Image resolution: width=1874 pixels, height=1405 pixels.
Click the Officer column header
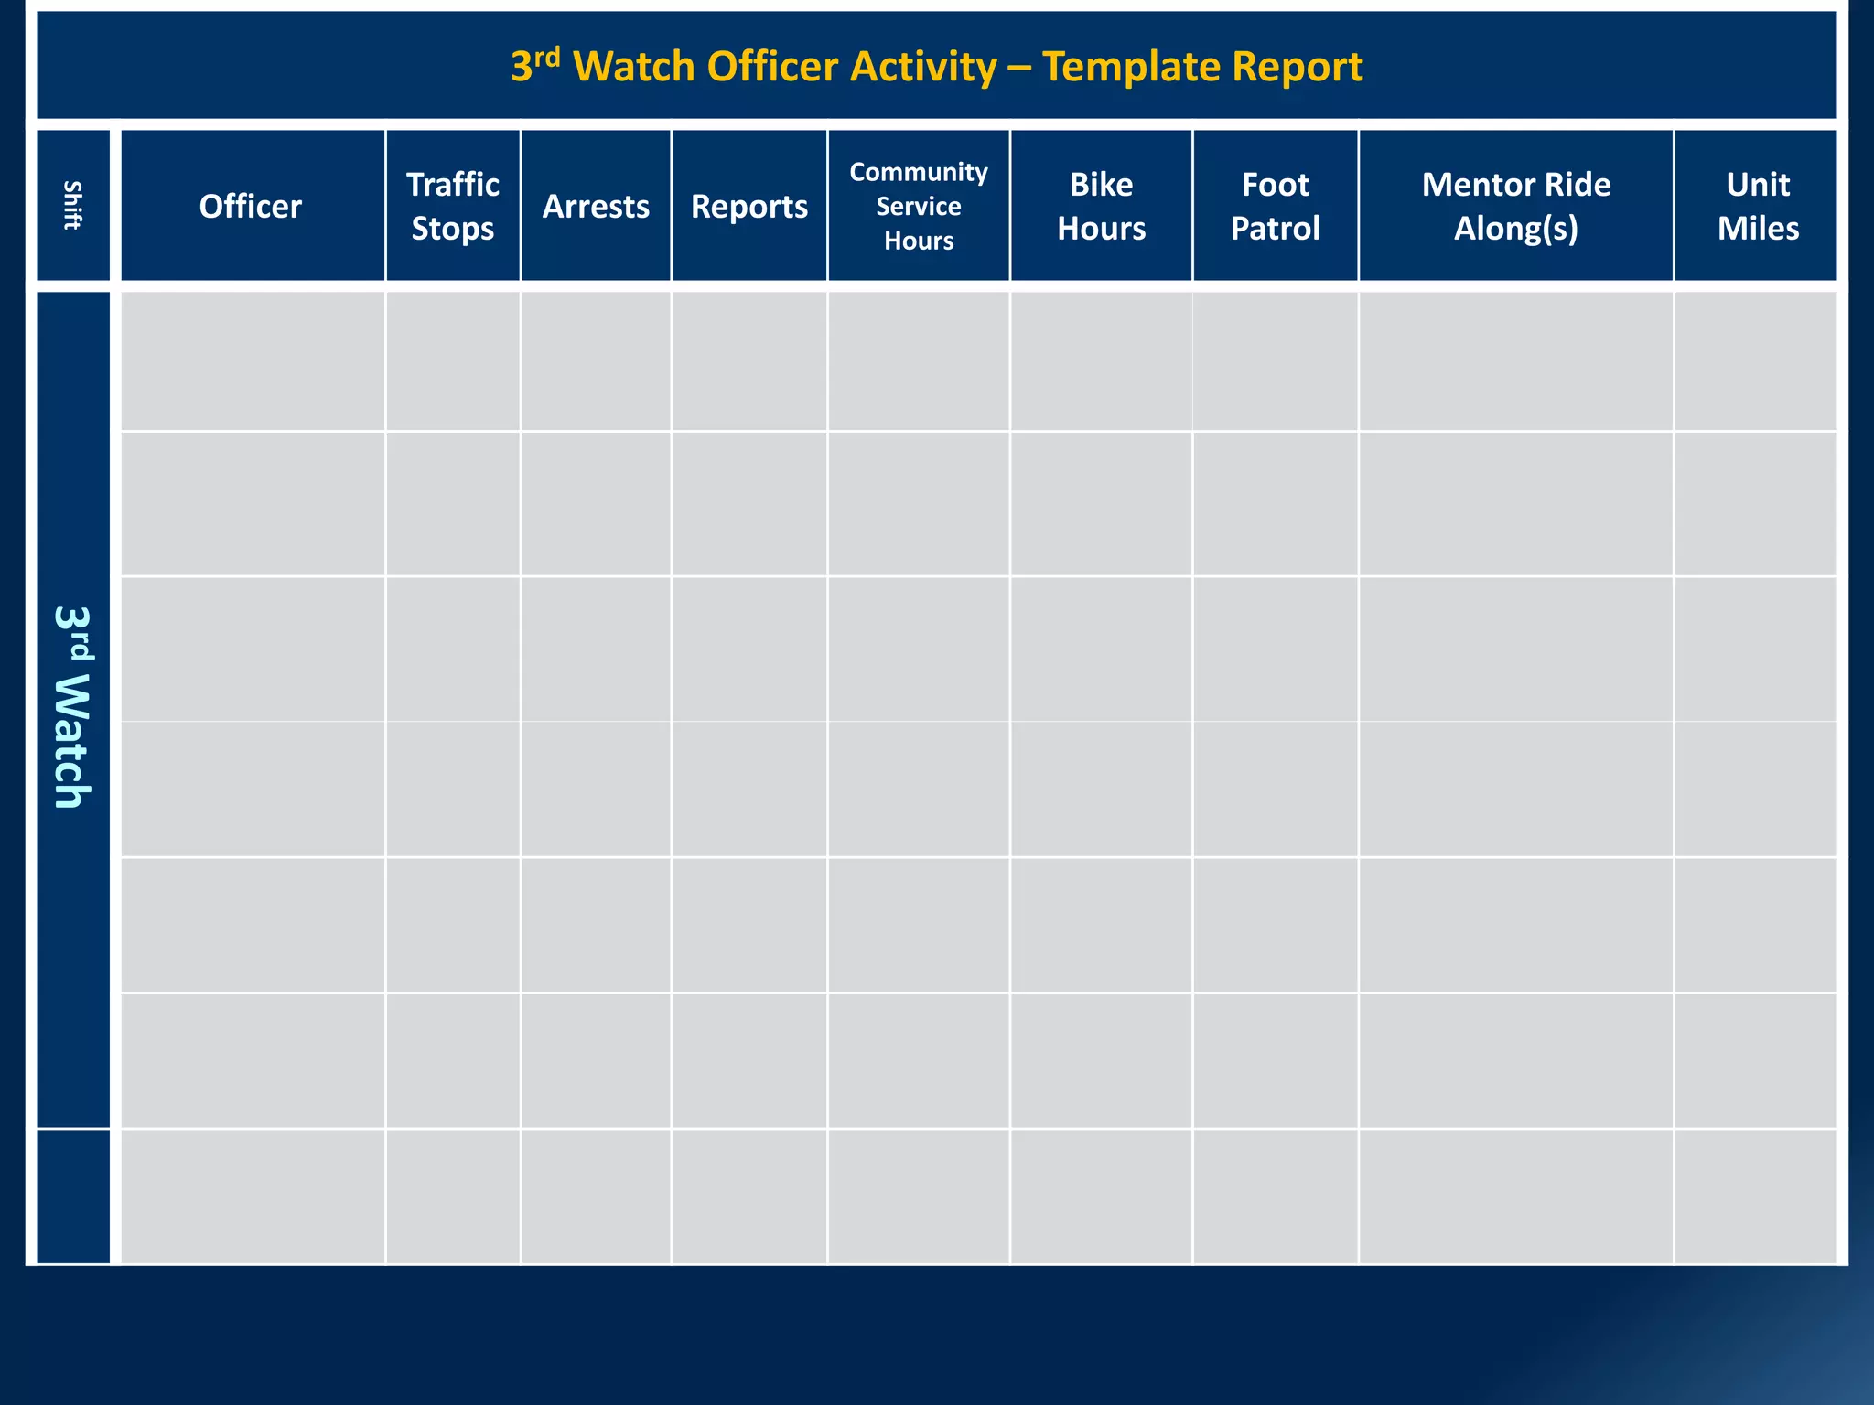(x=251, y=206)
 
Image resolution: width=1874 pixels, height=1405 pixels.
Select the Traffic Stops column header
(x=453, y=206)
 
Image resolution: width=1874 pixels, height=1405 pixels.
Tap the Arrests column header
(x=596, y=206)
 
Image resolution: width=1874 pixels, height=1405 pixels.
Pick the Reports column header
(x=749, y=206)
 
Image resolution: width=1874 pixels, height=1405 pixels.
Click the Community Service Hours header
(x=919, y=206)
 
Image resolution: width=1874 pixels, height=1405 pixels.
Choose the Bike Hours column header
(x=1102, y=206)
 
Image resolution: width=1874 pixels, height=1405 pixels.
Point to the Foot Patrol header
(x=1276, y=206)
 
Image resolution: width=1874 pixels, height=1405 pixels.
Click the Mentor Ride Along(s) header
(x=1516, y=206)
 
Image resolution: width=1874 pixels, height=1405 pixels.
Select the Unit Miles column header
(x=1758, y=206)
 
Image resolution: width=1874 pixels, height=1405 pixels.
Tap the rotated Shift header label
(x=72, y=206)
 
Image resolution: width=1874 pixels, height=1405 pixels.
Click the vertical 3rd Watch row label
(x=72, y=707)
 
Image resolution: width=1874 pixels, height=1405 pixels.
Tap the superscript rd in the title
(x=547, y=57)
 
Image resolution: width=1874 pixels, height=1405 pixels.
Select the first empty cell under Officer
(x=253, y=361)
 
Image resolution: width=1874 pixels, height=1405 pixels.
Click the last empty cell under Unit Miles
(x=1756, y=1196)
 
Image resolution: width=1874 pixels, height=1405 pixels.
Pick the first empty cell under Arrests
(x=596, y=361)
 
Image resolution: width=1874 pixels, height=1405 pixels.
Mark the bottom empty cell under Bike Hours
(x=1102, y=1196)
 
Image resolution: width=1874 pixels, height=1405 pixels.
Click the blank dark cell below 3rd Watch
(x=73, y=1196)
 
